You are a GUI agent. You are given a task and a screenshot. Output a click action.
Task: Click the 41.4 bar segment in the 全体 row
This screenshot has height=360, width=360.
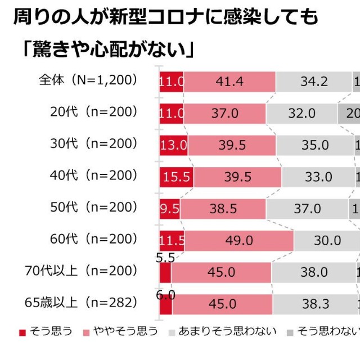click(229, 81)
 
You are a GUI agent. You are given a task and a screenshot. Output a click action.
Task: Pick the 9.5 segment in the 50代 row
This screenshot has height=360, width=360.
click(170, 209)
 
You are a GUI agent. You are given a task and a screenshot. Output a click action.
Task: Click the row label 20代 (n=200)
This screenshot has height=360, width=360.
click(93, 112)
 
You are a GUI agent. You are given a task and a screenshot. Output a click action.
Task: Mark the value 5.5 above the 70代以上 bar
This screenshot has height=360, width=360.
click(165, 258)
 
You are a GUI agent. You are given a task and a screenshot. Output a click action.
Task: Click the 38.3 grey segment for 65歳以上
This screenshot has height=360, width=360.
click(314, 304)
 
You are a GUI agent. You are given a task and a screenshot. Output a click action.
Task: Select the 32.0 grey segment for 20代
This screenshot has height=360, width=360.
click(301, 113)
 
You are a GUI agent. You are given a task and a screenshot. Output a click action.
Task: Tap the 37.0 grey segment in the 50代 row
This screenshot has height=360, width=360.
click(307, 209)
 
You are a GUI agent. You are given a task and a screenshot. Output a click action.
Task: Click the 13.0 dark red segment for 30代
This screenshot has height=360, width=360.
click(173, 145)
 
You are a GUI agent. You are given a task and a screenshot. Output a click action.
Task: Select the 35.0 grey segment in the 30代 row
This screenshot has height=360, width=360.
click(314, 145)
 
